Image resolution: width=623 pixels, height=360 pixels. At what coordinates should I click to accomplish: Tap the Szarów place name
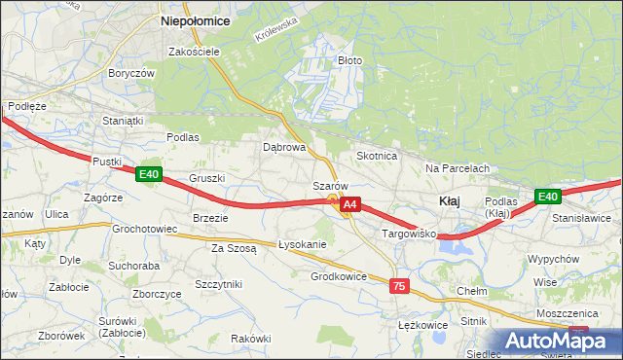[x=330, y=186]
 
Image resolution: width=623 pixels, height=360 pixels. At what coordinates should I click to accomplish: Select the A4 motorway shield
[x=351, y=204]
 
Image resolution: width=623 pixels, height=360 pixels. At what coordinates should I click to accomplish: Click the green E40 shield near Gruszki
[x=148, y=174]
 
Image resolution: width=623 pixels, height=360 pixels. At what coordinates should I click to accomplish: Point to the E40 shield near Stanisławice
[x=548, y=197]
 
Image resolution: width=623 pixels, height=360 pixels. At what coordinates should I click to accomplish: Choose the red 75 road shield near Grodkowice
[x=398, y=286]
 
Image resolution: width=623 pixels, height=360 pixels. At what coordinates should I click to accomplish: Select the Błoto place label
[x=349, y=60]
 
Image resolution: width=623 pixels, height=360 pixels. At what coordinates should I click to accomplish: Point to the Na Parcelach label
[x=457, y=168]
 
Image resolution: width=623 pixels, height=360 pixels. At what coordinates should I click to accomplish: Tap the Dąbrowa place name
[x=284, y=148]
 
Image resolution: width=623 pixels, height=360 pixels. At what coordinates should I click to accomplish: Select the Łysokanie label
[x=302, y=244]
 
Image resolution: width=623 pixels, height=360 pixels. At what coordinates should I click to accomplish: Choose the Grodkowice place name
[x=338, y=276]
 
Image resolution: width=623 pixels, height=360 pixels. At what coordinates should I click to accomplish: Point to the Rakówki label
[x=250, y=338]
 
